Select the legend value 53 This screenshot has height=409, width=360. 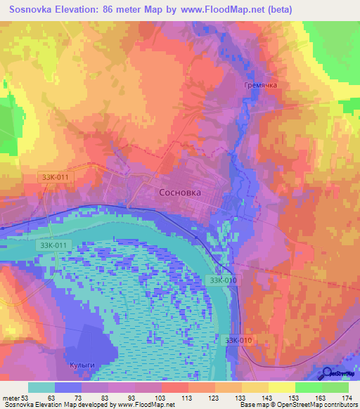click(27, 398)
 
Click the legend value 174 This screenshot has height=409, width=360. click(345, 398)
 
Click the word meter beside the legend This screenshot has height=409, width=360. click(11, 398)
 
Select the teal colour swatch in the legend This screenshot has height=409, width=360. click(41, 387)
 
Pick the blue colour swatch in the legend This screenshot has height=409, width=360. click(68, 387)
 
